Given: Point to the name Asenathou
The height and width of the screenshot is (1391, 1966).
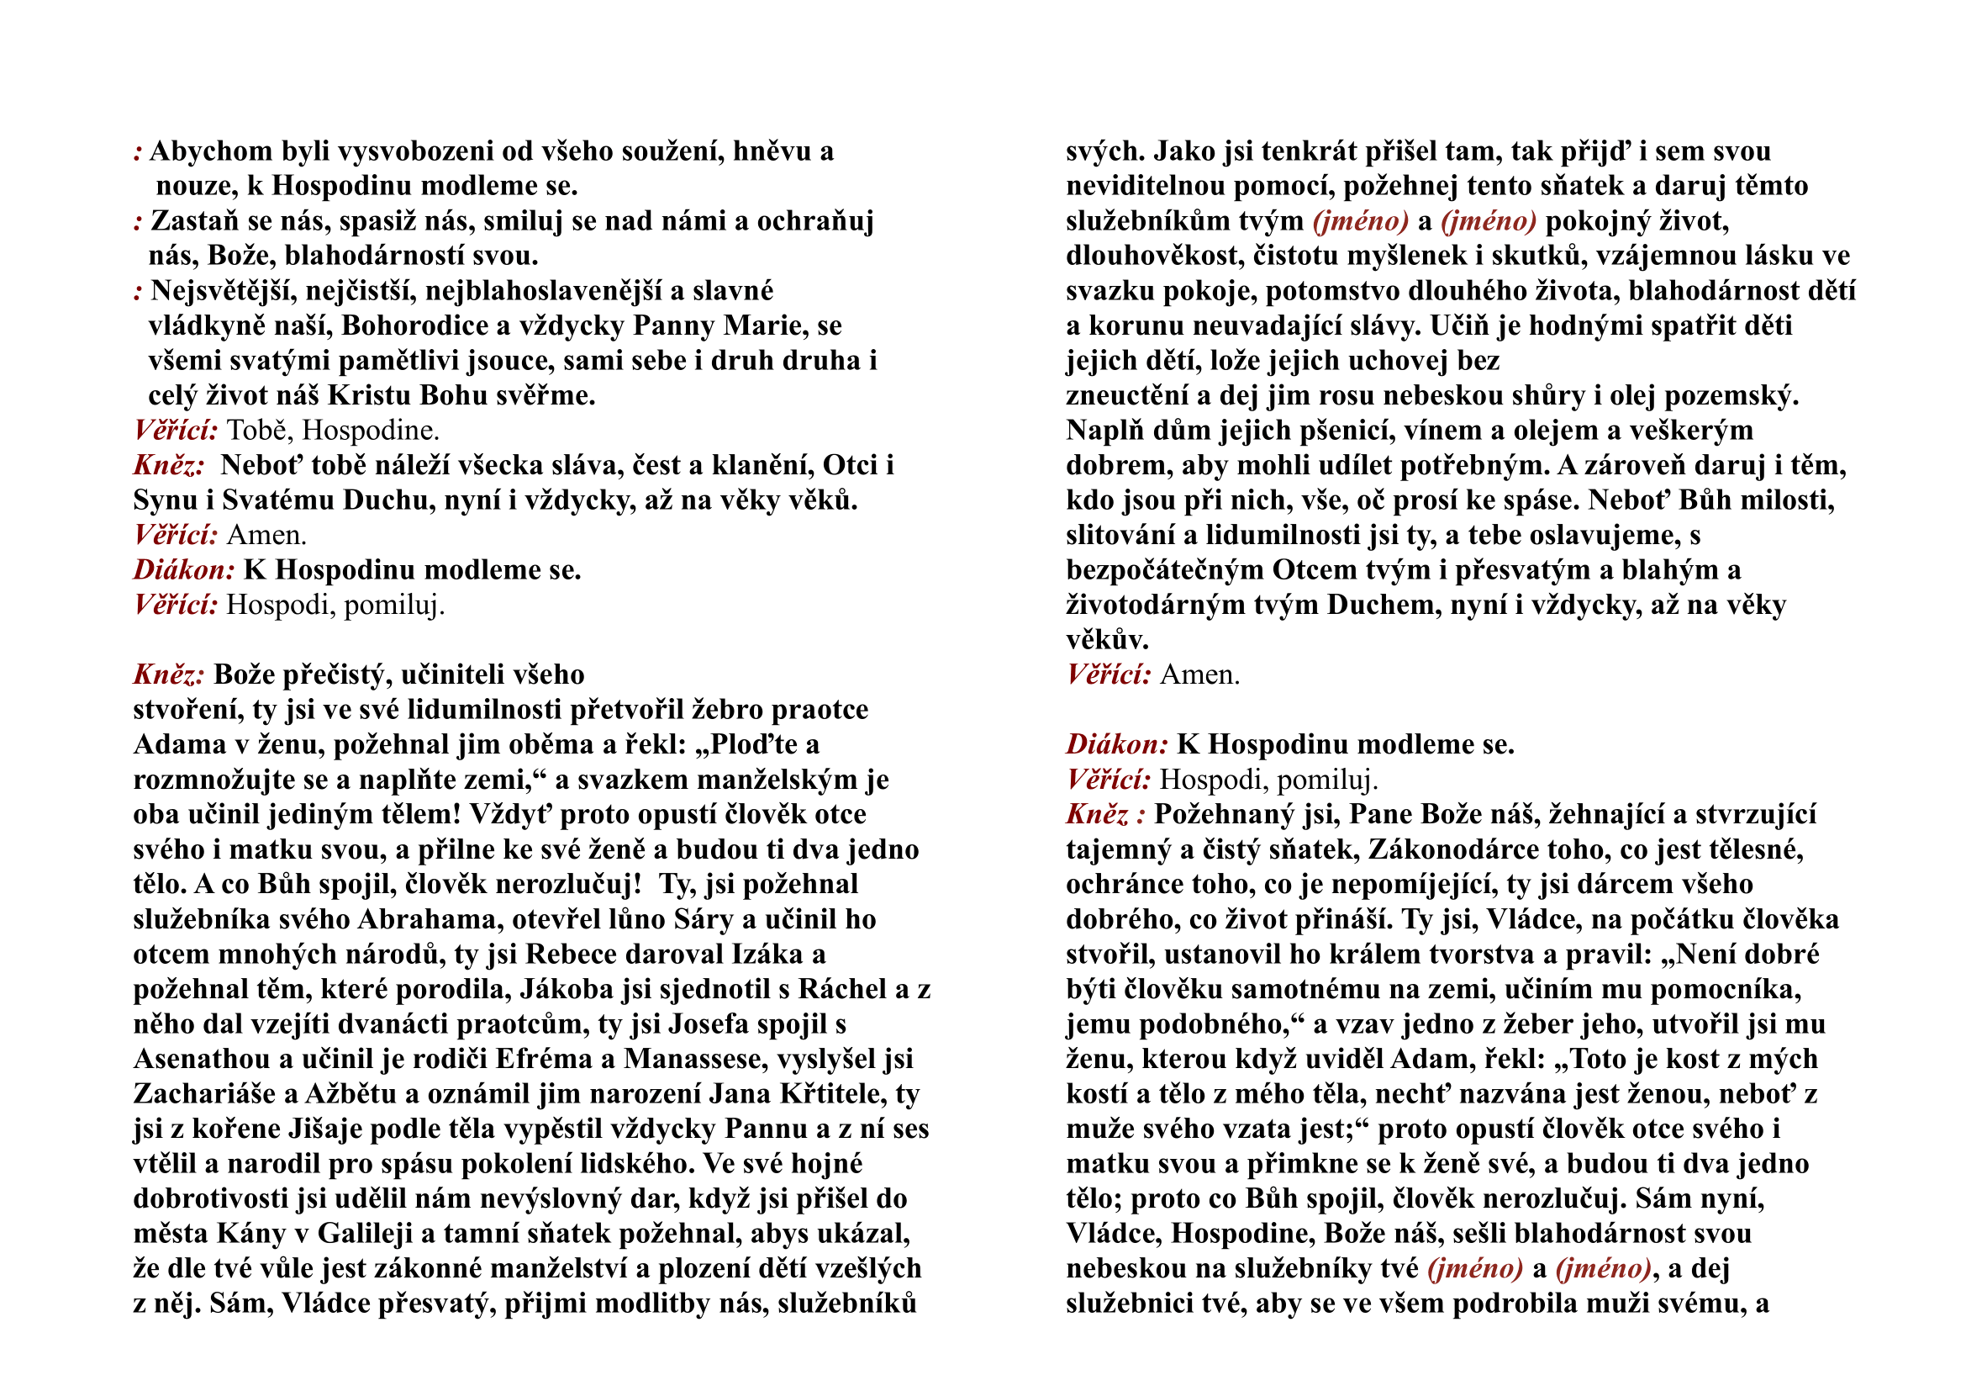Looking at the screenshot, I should (x=201, y=1060).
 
